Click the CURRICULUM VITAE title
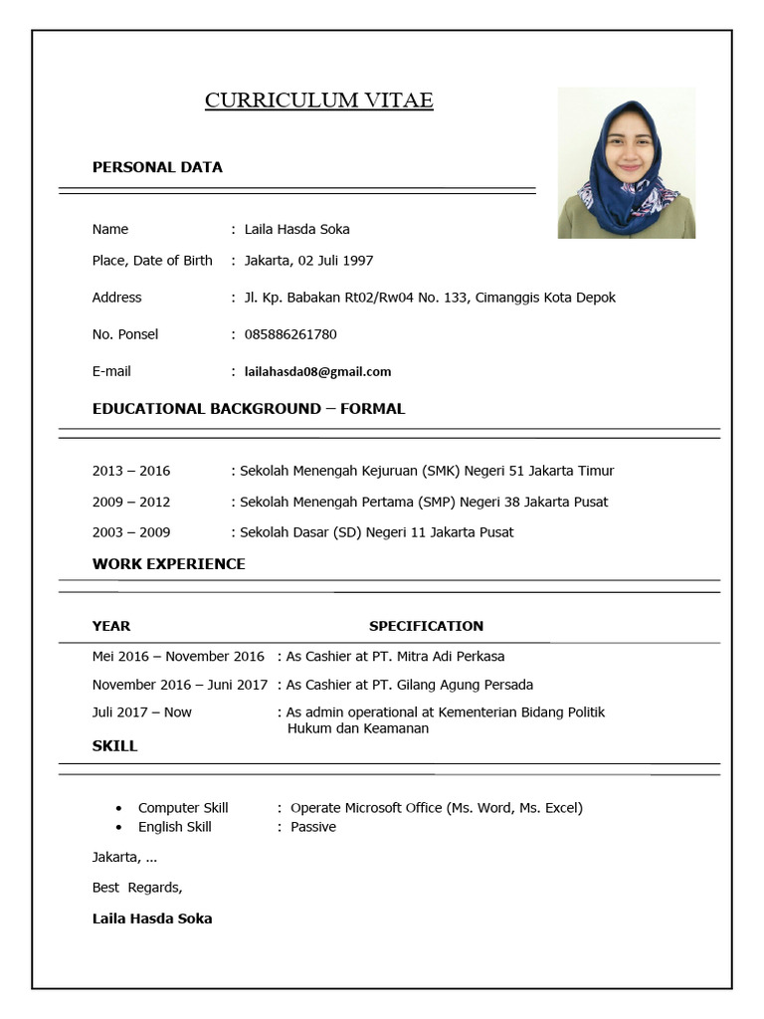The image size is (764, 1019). click(318, 101)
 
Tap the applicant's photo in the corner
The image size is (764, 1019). click(626, 163)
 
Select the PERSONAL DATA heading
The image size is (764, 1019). click(157, 167)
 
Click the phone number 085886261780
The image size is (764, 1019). click(290, 334)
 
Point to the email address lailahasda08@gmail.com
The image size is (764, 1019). click(317, 371)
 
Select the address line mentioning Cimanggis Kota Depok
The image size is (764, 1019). click(430, 298)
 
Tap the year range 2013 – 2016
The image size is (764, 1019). click(131, 471)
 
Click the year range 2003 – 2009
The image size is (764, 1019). click(131, 532)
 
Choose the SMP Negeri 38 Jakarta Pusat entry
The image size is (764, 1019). click(424, 502)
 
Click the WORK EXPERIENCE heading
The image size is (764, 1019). click(168, 564)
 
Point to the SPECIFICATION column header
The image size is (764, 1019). click(426, 626)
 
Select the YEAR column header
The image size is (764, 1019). click(111, 626)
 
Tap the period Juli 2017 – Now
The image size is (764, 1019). click(142, 713)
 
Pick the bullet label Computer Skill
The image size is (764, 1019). click(183, 808)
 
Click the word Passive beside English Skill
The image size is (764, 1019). click(313, 827)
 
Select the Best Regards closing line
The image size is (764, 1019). click(137, 887)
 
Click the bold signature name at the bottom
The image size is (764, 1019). click(152, 918)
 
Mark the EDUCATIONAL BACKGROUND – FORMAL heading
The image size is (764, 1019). click(249, 409)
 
